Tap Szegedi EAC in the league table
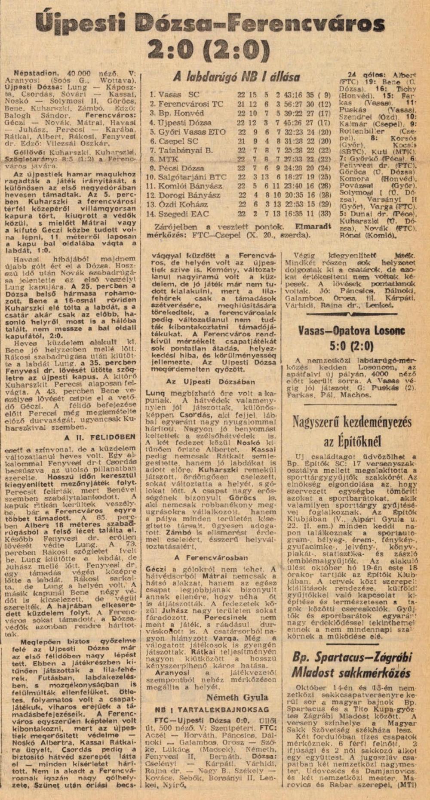point(184,214)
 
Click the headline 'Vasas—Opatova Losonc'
point(356,330)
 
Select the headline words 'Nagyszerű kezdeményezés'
point(352,422)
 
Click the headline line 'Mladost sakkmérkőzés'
point(351,673)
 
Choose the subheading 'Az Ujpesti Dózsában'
point(211,382)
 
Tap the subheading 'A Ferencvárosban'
point(211,558)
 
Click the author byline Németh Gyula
point(237,697)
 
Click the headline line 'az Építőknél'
point(352,442)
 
